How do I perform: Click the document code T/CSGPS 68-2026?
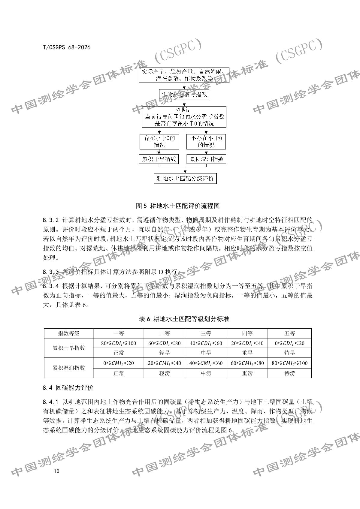[x=67, y=47]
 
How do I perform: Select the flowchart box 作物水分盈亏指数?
[x=184, y=95]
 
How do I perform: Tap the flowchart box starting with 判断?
[x=184, y=117]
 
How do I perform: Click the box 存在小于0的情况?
[x=159, y=142]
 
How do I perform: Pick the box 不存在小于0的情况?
[x=206, y=142]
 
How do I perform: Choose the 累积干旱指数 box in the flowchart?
[x=159, y=159]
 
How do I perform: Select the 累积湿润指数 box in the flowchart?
[x=206, y=159]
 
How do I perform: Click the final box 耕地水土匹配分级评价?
[x=185, y=178]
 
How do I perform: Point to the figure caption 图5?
[x=178, y=206]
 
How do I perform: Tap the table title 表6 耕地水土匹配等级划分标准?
[x=184, y=319]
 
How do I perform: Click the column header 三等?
[x=206, y=333]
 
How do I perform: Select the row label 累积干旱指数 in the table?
[x=69, y=348]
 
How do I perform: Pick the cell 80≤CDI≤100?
[x=119, y=343]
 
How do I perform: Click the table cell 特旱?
[x=289, y=353]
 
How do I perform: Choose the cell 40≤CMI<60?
[x=206, y=363]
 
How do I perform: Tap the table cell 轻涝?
[x=164, y=373]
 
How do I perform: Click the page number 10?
[x=57, y=471]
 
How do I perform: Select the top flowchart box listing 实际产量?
[x=184, y=75]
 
